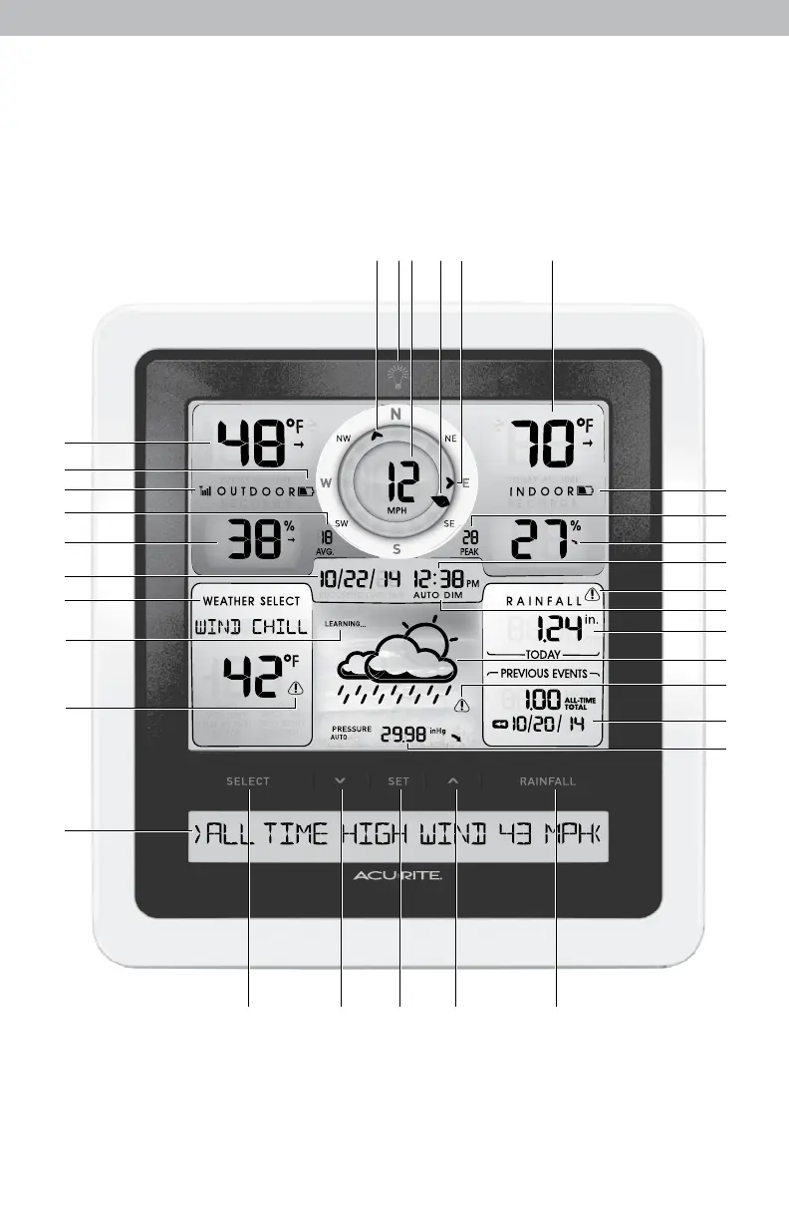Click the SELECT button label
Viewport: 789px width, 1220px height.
(248, 781)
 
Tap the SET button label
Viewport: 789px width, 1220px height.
(398, 781)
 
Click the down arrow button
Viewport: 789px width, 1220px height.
(341, 781)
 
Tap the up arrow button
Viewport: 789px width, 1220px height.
(454, 781)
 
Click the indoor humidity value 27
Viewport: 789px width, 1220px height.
(541, 542)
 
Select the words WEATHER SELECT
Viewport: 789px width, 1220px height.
(251, 602)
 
